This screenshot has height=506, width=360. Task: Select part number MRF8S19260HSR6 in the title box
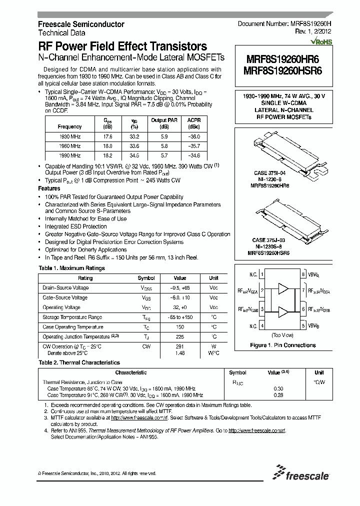tap(282, 71)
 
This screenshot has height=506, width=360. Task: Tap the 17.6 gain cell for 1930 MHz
tap(107, 136)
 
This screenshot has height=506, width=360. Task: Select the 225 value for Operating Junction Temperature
tap(179, 337)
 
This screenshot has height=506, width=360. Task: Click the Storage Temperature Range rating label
tap(72, 317)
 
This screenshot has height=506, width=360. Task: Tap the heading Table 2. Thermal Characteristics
tap(79, 362)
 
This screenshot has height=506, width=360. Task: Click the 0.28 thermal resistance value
tap(278, 395)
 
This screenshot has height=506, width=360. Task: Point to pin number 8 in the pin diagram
tap(303, 274)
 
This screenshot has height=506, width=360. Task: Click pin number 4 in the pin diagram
tap(262, 325)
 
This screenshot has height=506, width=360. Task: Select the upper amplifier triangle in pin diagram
tap(283, 289)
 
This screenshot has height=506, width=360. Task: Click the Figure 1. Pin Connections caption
tap(282, 345)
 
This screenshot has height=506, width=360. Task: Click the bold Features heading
tap(49, 188)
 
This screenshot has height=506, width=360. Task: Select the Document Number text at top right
tap(282, 24)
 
